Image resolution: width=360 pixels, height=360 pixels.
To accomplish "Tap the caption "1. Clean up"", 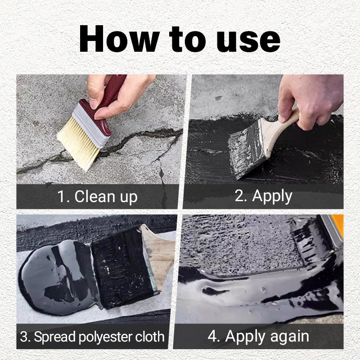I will point(97,197).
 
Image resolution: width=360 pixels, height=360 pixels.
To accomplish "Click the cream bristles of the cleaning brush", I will point(79,140).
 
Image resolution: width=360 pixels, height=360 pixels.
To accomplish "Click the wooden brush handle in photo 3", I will point(157,252).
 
